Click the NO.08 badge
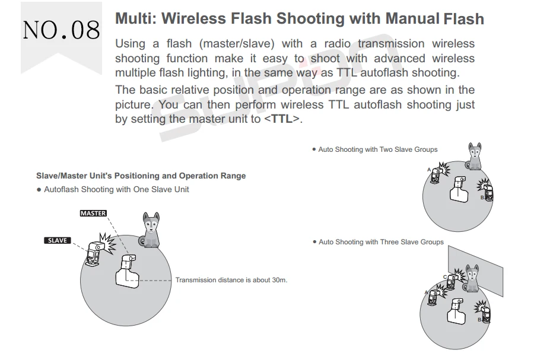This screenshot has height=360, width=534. click(x=61, y=29)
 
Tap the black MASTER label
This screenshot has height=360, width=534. click(x=93, y=214)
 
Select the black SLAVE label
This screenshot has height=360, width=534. click(x=58, y=240)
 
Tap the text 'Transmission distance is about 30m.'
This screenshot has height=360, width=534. click(x=231, y=280)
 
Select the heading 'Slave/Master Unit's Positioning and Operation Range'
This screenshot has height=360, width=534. click(x=141, y=176)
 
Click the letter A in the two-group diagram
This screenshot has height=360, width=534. click(x=428, y=170)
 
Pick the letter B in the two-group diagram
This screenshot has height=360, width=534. click(x=482, y=197)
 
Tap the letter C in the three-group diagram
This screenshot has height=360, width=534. click(x=444, y=277)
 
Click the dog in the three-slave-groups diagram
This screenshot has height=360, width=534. click(x=471, y=279)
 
